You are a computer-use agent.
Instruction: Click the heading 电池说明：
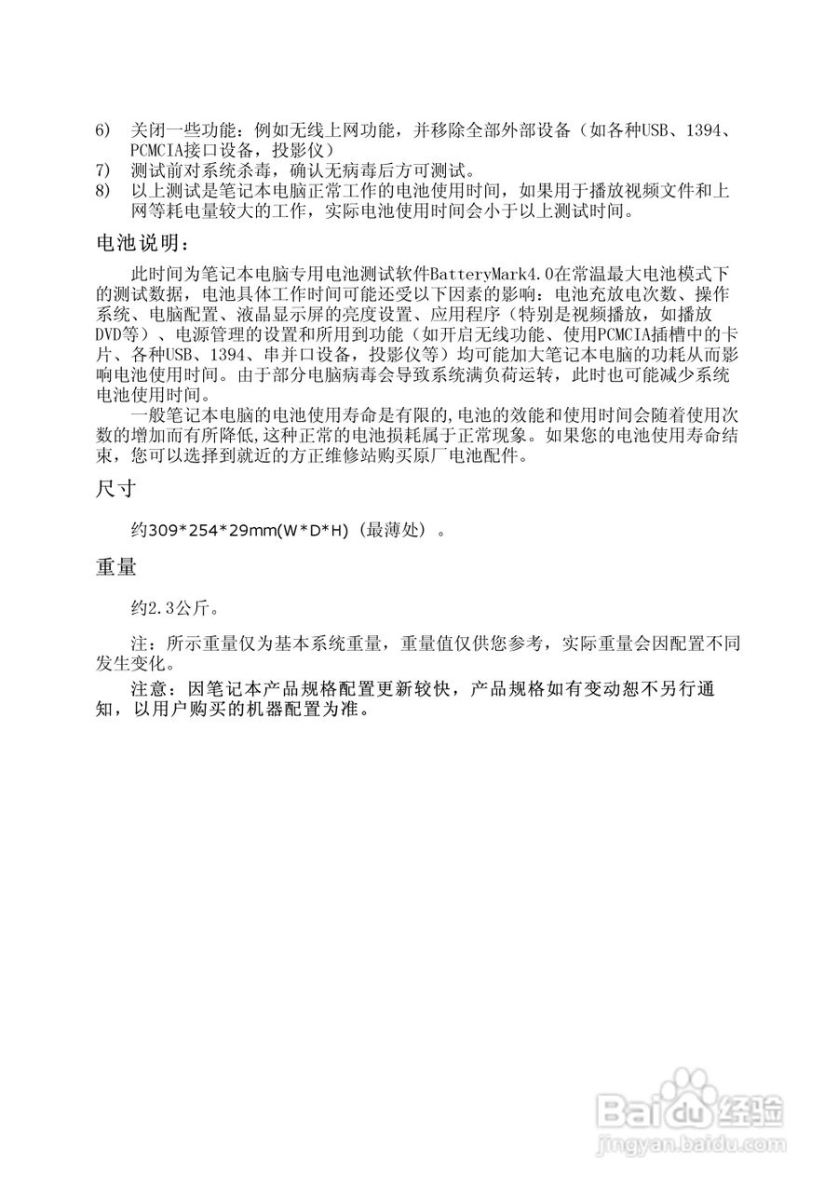click(142, 244)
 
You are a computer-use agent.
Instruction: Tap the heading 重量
click(117, 567)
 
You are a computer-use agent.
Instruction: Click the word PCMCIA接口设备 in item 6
click(188, 150)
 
